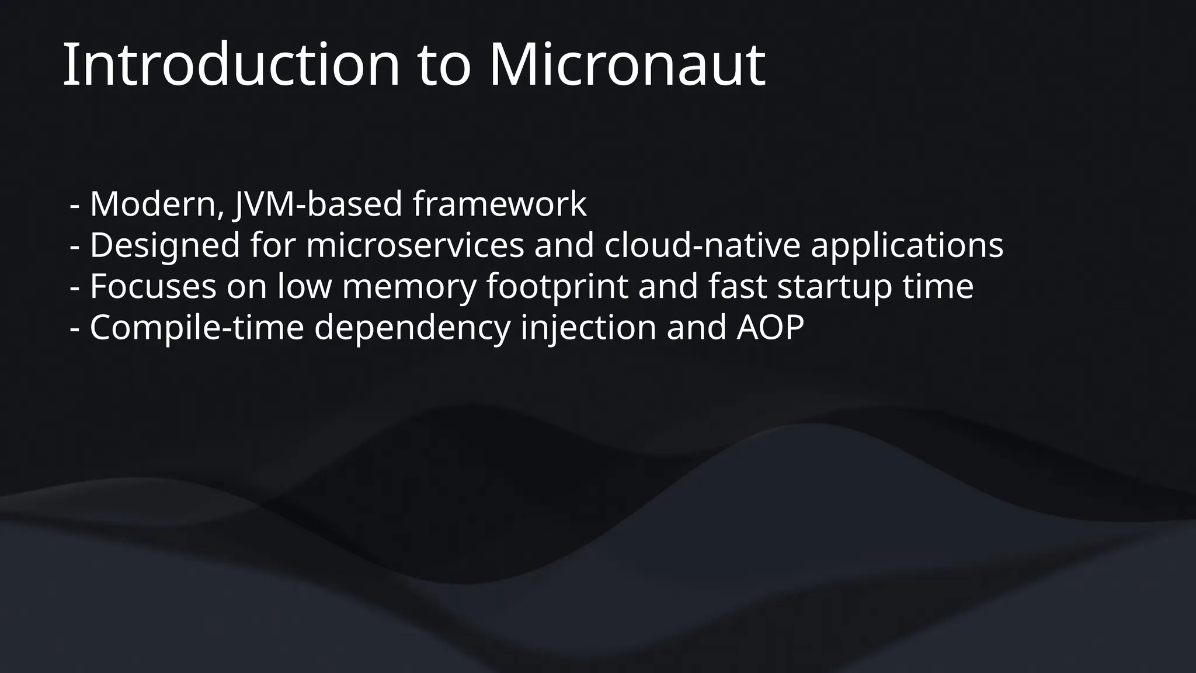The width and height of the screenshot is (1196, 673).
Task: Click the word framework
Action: [499, 204]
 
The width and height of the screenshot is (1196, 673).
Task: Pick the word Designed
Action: [165, 245]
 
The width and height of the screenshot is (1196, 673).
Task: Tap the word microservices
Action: [415, 245]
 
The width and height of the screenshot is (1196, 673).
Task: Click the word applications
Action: [907, 245]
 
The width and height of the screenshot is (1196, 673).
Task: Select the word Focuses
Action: [153, 287]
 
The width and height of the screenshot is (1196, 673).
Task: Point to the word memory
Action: [409, 287]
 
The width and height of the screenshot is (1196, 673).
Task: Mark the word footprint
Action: [557, 287]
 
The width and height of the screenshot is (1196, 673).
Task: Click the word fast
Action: [737, 287]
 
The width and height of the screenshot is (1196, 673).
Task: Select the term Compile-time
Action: [197, 328]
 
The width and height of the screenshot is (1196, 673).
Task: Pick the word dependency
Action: [412, 328]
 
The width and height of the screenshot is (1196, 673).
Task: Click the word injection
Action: [588, 328]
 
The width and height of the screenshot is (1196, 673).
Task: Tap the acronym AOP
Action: [770, 328]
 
